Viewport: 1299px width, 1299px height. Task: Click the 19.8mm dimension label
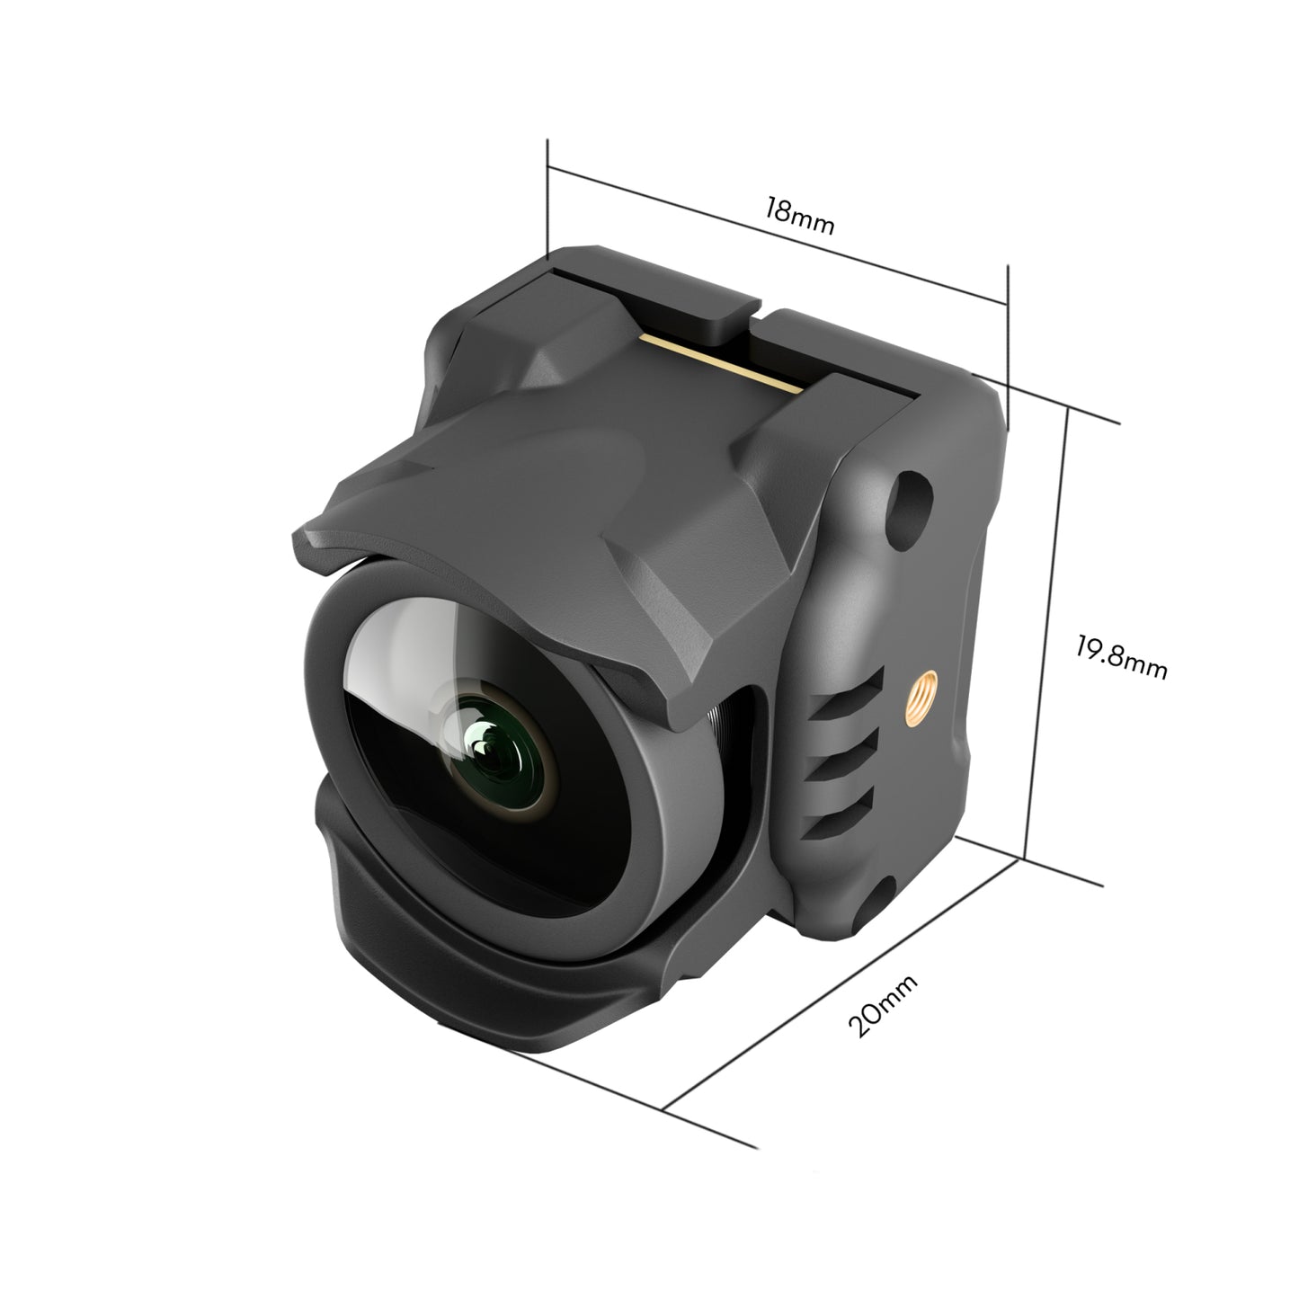tap(1121, 657)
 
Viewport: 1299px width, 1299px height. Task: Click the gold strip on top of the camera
tap(718, 362)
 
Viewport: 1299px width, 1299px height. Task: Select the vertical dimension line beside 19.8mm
tap(1046, 629)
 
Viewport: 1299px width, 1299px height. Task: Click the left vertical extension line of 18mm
tap(547, 198)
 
